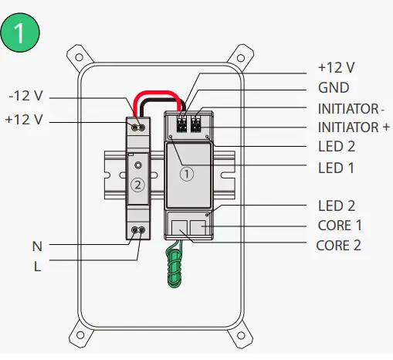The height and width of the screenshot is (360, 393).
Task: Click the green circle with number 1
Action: tap(20, 32)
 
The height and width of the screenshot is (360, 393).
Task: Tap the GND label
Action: tap(334, 88)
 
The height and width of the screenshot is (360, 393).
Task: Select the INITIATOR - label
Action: tap(351, 109)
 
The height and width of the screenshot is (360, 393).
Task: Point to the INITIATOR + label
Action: tap(354, 127)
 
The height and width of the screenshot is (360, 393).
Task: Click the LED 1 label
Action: tap(336, 168)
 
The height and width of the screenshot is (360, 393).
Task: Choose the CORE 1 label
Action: tap(340, 226)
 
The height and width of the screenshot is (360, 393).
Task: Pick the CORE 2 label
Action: tap(338, 246)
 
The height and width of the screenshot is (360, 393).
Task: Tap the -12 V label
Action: tap(25, 96)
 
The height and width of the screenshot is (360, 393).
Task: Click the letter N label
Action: tap(37, 246)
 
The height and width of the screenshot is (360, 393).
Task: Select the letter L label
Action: tap(38, 267)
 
